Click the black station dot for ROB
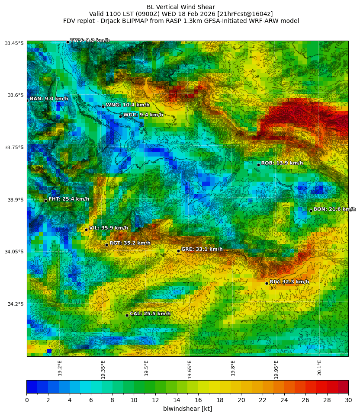point(258,165)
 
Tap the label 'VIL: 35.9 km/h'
point(108,228)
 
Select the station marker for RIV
point(267,283)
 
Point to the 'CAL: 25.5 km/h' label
point(150,314)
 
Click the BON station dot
point(311,211)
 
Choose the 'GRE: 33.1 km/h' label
point(202,249)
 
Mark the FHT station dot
point(45,201)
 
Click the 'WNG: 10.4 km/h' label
point(128,105)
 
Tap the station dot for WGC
point(120,116)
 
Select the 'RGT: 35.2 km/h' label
point(130,243)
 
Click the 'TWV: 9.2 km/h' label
point(90,40)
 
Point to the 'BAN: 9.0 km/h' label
point(49,99)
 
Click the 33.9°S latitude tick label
point(15,200)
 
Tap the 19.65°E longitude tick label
point(190,369)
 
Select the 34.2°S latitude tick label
point(15,304)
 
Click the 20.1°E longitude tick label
point(320,368)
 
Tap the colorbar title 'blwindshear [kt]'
point(187,409)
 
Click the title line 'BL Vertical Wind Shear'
point(181,7)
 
